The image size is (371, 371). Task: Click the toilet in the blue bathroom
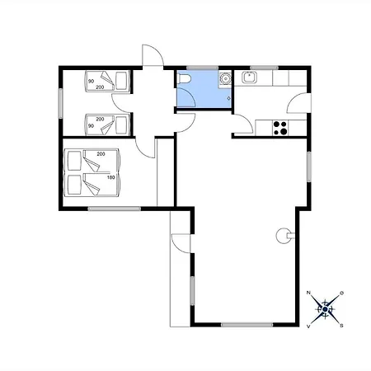pos(185,78)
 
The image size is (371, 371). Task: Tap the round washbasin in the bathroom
pos(226,79)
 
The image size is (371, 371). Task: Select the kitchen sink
pos(250,77)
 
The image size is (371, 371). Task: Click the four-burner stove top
pos(280,128)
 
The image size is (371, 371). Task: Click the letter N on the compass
pos(308,293)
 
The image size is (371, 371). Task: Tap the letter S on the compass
pos(341,326)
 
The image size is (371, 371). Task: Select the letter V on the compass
pos(308,326)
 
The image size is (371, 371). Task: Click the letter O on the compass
pos(342,293)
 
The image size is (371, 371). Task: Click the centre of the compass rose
pos(325,309)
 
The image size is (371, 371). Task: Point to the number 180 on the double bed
pos(110,177)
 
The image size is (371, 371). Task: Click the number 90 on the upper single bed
pos(91,82)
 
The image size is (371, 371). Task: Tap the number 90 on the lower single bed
pos(91,126)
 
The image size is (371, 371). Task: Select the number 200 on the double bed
pos(101,154)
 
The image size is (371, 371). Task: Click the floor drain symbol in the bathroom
pos(228,98)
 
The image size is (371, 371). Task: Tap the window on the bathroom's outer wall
pos(203,68)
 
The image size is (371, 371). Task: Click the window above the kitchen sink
pos(264,68)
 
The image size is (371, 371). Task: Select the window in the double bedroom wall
pos(115,209)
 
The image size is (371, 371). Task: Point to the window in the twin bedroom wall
pos(61,103)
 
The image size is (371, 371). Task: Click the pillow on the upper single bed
pos(121,81)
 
